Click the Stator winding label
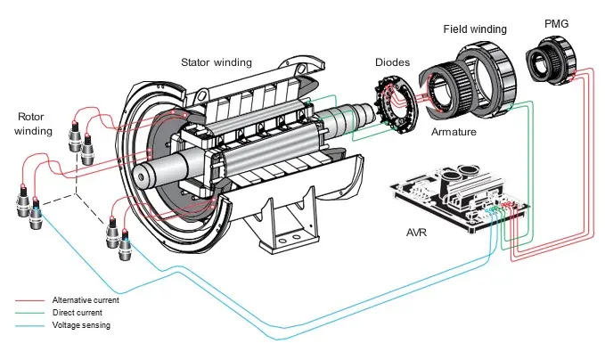coord(217,62)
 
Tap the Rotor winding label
coord(36,124)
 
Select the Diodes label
coord(390,64)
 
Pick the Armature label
coord(454,132)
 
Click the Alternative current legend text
coord(86,300)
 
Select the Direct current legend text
coord(78,313)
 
